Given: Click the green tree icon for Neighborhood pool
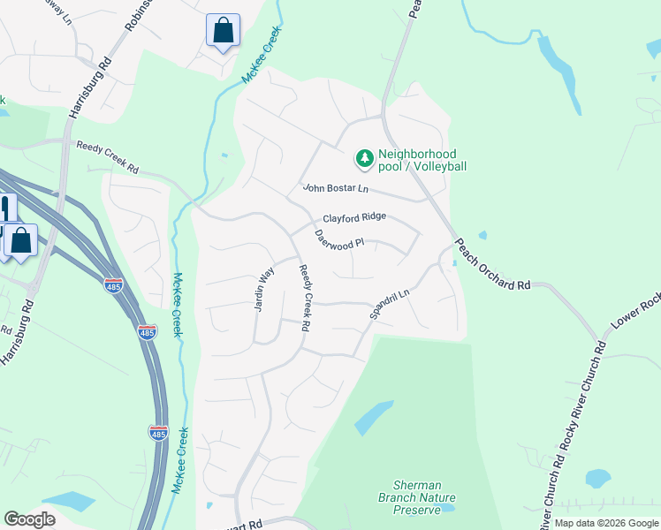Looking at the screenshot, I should (363, 159).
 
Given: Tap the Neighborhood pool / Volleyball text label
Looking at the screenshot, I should (422, 160).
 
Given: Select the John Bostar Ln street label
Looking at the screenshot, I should (335, 188).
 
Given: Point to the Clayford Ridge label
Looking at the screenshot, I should (353, 217).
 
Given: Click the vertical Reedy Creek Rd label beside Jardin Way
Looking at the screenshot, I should (304, 299).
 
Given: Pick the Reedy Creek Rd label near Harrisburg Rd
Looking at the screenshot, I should (108, 157).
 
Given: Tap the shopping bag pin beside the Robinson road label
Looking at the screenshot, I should (223, 31).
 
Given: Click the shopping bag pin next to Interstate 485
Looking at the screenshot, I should (20, 241).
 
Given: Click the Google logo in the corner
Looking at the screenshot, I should (30, 519).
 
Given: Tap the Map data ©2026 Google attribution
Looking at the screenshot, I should (606, 524).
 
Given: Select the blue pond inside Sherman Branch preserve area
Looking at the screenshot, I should (374, 417).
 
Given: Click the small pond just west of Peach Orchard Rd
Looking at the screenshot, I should (482, 236).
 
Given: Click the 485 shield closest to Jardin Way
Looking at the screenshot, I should (148, 331).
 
